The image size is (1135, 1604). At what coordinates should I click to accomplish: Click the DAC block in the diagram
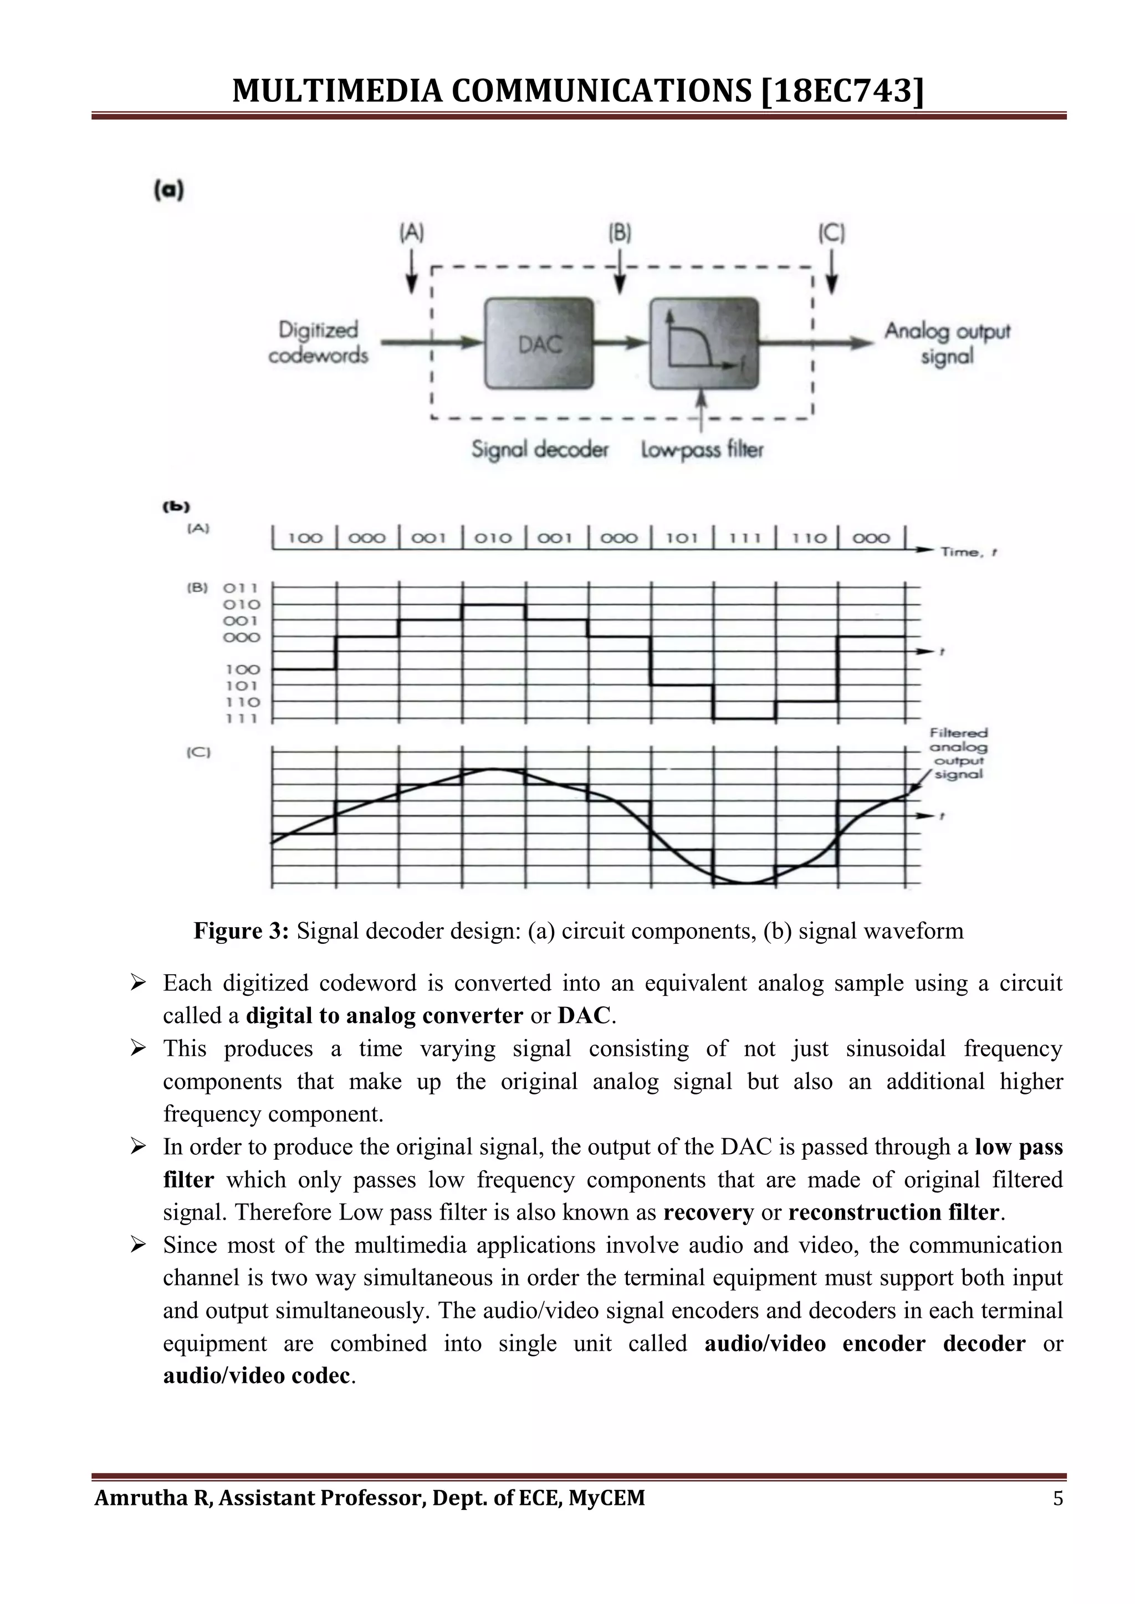click(x=539, y=343)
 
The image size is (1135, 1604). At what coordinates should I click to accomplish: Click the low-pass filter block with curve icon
click(x=704, y=343)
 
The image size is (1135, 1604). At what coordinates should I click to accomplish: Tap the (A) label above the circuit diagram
click(x=412, y=233)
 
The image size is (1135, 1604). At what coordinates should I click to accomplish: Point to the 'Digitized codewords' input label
click(x=319, y=342)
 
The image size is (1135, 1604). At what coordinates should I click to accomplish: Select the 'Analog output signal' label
click(x=947, y=343)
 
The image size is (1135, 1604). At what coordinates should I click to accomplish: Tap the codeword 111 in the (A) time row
click(x=744, y=538)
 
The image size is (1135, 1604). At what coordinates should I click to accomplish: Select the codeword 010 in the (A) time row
click(x=493, y=538)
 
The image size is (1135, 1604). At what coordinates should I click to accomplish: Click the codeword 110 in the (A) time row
click(x=808, y=538)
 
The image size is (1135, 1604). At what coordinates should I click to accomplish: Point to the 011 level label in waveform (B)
click(x=241, y=588)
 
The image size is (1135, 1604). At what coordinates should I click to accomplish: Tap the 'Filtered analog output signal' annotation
click(x=959, y=753)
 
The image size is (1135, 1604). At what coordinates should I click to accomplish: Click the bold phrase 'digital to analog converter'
click(x=384, y=1015)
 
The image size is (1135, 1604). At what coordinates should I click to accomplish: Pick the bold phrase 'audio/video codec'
click(x=256, y=1376)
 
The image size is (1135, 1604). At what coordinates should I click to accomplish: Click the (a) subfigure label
click(x=168, y=190)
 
